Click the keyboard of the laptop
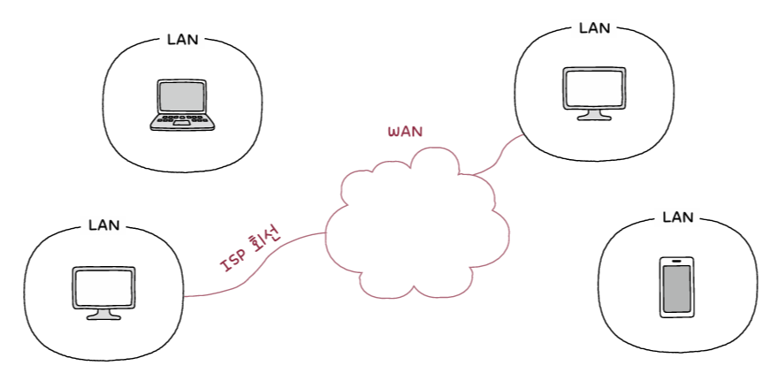pyautogui.click(x=182, y=116)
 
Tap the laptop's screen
pyautogui.click(x=183, y=95)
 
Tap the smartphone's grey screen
pyautogui.click(x=677, y=288)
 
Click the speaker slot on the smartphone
pyautogui.click(x=677, y=262)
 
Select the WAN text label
pyautogui.click(x=406, y=131)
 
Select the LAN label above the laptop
pyautogui.click(x=183, y=40)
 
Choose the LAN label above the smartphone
pyautogui.click(x=678, y=217)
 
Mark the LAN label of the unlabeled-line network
pyautogui.click(x=594, y=27)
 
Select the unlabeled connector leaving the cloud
pyautogui.click(x=502, y=154)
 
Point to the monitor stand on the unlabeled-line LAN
pyautogui.click(x=593, y=115)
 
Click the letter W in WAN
pyautogui.click(x=394, y=132)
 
